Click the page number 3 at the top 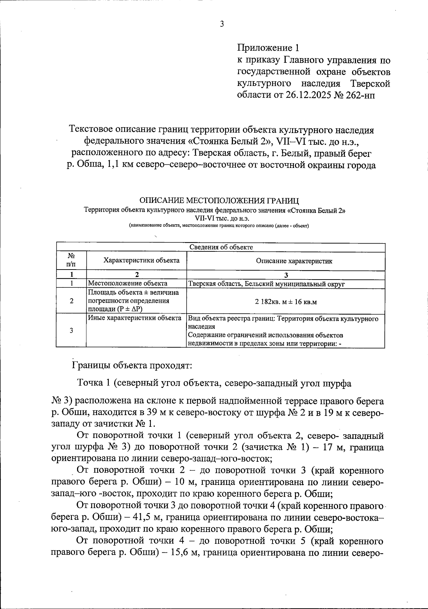(221, 25)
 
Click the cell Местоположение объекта (127, 284)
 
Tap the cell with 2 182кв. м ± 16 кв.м (286, 302)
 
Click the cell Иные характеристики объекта (134, 318)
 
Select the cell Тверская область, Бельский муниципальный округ (266, 284)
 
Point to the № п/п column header (71, 260)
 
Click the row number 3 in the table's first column (71, 331)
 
